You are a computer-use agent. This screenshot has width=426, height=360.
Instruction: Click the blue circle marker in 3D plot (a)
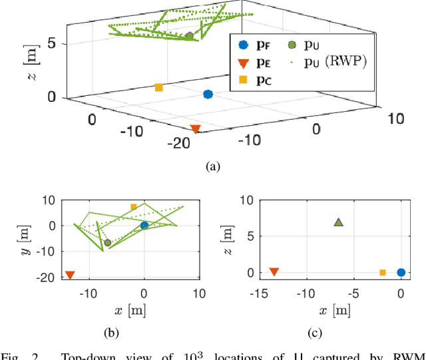tap(208, 94)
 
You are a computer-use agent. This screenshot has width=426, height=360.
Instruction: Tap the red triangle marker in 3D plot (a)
tap(195, 128)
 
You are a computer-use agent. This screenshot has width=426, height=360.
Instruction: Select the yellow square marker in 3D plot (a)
tap(159, 87)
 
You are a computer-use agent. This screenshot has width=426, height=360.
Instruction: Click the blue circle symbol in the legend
tap(243, 45)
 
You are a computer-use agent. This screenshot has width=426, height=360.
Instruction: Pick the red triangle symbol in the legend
tap(243, 63)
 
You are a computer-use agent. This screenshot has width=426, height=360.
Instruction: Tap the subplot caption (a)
tap(213, 166)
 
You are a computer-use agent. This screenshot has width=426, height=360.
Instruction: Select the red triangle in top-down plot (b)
tap(70, 275)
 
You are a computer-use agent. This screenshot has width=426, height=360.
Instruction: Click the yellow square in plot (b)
tap(134, 207)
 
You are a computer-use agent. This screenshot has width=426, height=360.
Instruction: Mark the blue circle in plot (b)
tap(144, 226)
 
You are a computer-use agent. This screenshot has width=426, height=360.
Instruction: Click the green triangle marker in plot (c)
tap(338, 222)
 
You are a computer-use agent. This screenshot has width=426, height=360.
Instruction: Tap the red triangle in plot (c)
tap(274, 271)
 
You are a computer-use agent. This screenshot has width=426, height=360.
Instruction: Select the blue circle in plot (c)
tap(401, 272)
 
